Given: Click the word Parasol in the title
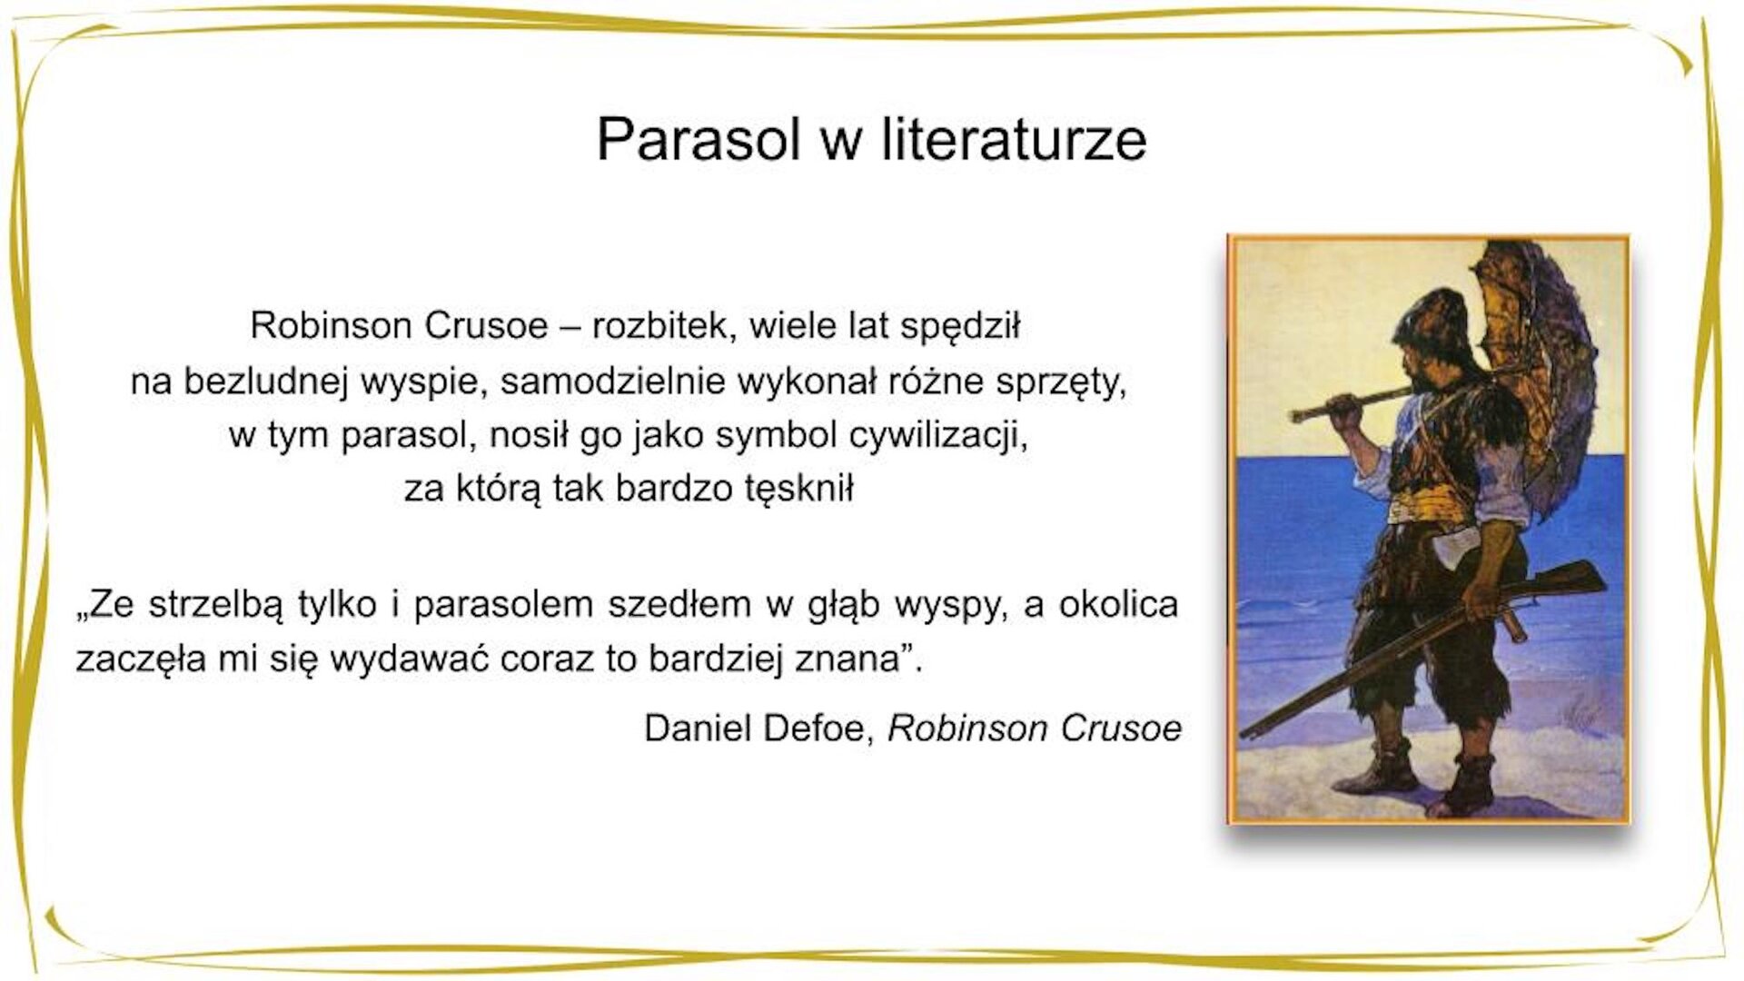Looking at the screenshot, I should [698, 139].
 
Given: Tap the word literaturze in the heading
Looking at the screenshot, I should [1014, 139].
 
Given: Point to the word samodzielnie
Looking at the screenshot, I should [613, 381].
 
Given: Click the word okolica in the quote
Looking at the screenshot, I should [1118, 604].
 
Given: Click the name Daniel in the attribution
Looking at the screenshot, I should [698, 728].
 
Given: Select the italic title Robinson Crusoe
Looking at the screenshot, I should [1034, 728].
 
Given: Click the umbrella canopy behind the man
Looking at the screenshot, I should [1535, 363].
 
